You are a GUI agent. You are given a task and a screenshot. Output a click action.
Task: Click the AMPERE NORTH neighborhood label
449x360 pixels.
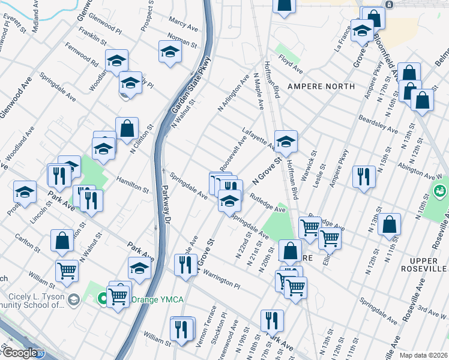[321, 86]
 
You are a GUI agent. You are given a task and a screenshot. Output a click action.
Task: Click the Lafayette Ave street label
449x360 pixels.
[259, 138]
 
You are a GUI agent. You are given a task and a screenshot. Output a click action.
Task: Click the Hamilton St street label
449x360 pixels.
[131, 180]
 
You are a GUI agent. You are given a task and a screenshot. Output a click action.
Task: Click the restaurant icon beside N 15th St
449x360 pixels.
[364, 176]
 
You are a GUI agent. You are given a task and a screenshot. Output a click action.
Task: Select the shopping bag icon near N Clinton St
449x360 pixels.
[127, 128]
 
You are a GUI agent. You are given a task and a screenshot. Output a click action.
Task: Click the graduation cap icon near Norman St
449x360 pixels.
[170, 52]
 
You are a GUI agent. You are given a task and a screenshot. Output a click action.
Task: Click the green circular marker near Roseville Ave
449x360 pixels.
[440, 191]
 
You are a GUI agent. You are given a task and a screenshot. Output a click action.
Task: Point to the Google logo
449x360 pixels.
[20, 353]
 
